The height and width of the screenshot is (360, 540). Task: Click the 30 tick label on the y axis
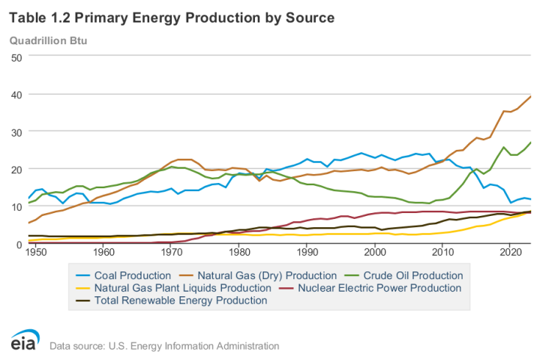click(x=14, y=132)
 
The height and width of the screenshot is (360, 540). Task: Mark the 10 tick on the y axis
click(x=14, y=207)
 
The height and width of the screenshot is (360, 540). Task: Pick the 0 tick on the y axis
click(x=17, y=244)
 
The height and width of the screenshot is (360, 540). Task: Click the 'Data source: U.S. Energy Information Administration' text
click(x=163, y=346)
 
